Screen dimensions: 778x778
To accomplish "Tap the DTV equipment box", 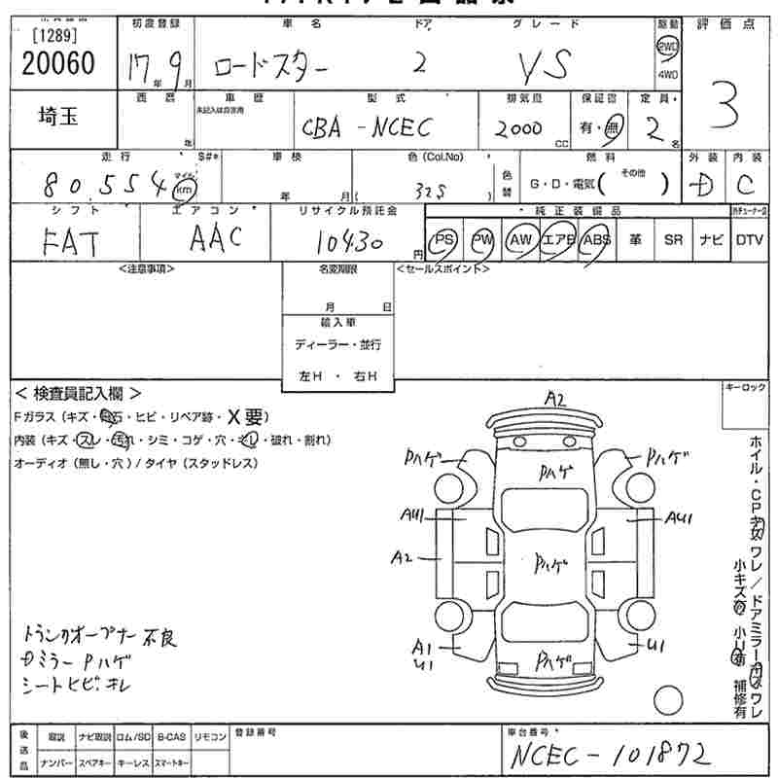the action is point(749,240).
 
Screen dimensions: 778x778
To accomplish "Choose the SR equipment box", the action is point(672,240).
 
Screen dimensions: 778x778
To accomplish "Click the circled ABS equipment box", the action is point(595,240).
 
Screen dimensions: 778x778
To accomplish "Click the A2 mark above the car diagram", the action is point(555,398).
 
